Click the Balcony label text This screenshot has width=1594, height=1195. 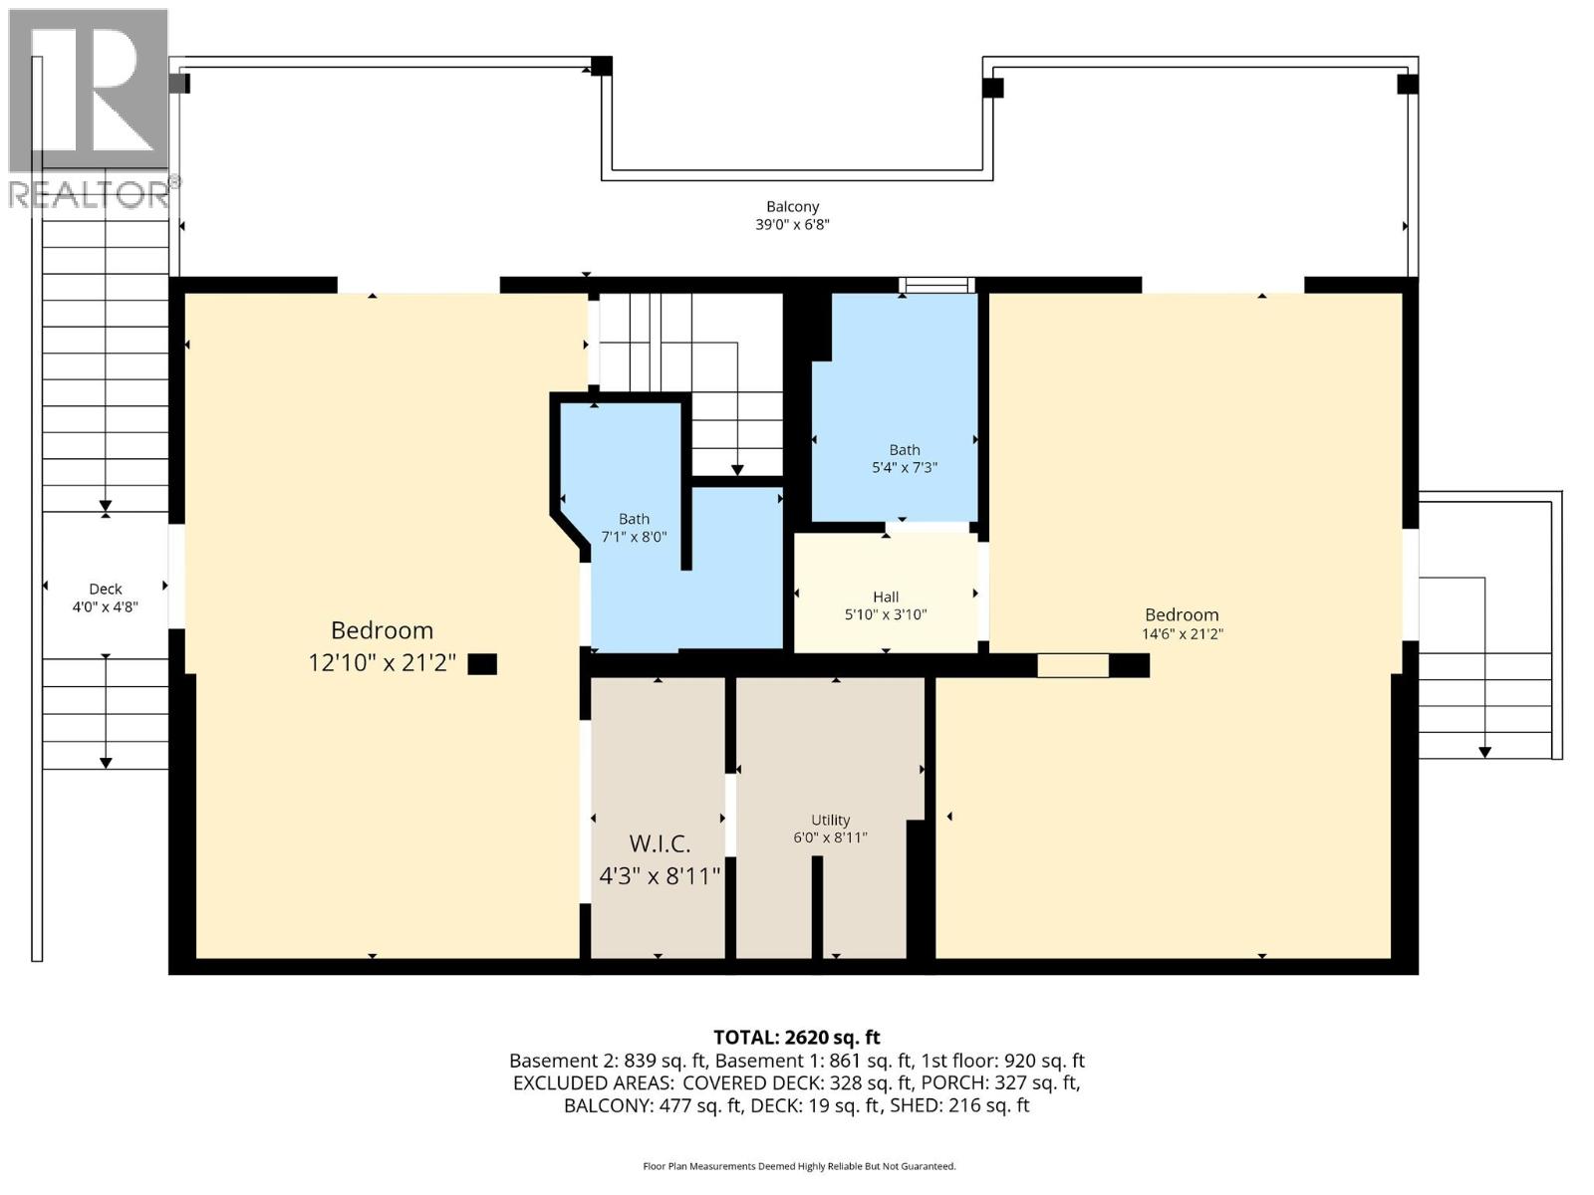[x=793, y=207]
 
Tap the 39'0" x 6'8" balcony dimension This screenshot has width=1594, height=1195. [x=793, y=225]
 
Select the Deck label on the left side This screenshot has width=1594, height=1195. [x=105, y=589]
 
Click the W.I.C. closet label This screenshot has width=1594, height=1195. [x=660, y=843]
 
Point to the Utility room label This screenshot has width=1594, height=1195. [x=830, y=820]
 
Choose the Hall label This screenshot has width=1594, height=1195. [x=886, y=597]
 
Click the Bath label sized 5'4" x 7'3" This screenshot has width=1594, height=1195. [x=905, y=449]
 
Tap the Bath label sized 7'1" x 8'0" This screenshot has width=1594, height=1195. [x=634, y=518]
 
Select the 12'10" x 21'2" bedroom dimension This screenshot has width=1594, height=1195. [x=383, y=662]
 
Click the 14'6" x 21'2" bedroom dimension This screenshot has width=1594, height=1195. [x=1182, y=633]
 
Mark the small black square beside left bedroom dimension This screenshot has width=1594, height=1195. [x=482, y=663]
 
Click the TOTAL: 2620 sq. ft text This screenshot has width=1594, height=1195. [x=796, y=1037]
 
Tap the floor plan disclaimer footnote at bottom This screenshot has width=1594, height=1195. [x=799, y=1166]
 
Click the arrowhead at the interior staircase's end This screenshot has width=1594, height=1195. [x=737, y=470]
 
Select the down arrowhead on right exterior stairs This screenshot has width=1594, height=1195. [x=1484, y=753]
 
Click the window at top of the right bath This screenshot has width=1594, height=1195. [x=935, y=285]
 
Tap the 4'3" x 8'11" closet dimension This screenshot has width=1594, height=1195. [x=660, y=876]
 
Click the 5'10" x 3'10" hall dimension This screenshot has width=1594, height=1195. [x=886, y=614]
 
